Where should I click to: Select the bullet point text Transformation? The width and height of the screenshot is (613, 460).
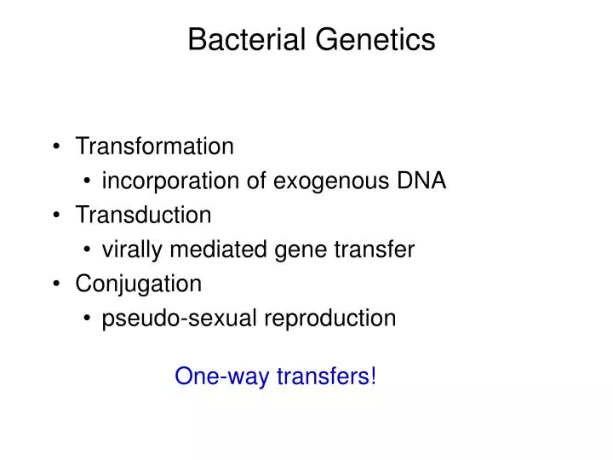pyautogui.click(x=154, y=147)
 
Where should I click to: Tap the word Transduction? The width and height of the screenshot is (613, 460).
pyautogui.click(x=143, y=215)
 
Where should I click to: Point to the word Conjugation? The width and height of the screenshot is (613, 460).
pyautogui.click(x=139, y=283)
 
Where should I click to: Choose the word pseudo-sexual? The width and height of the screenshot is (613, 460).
pyautogui.click(x=180, y=318)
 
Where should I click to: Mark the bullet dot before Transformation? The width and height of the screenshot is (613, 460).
pyautogui.click(x=56, y=147)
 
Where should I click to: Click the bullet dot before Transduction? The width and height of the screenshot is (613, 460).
pyautogui.click(x=56, y=216)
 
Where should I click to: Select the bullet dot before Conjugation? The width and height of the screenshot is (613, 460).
pyautogui.click(x=56, y=284)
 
